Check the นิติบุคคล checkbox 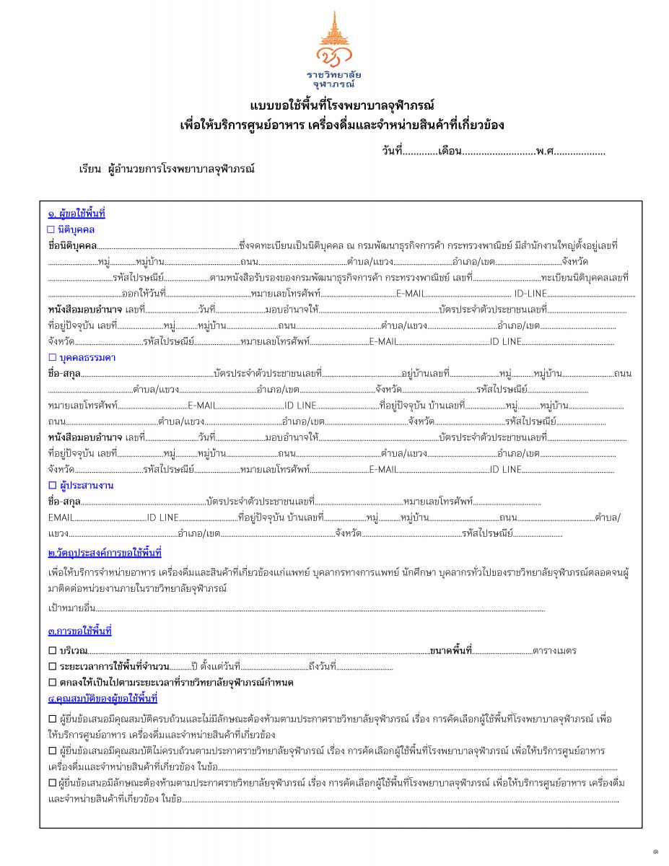51,229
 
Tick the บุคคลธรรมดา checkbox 51,358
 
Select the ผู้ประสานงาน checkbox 51,486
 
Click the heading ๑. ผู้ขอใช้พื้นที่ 76,214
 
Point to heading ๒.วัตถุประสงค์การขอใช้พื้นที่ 104,554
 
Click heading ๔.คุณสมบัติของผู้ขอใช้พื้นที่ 102,699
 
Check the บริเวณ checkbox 52,651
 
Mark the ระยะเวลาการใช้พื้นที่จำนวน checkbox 52,666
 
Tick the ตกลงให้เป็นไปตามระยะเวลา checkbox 52,682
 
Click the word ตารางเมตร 554,651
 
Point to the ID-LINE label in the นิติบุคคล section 530,294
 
